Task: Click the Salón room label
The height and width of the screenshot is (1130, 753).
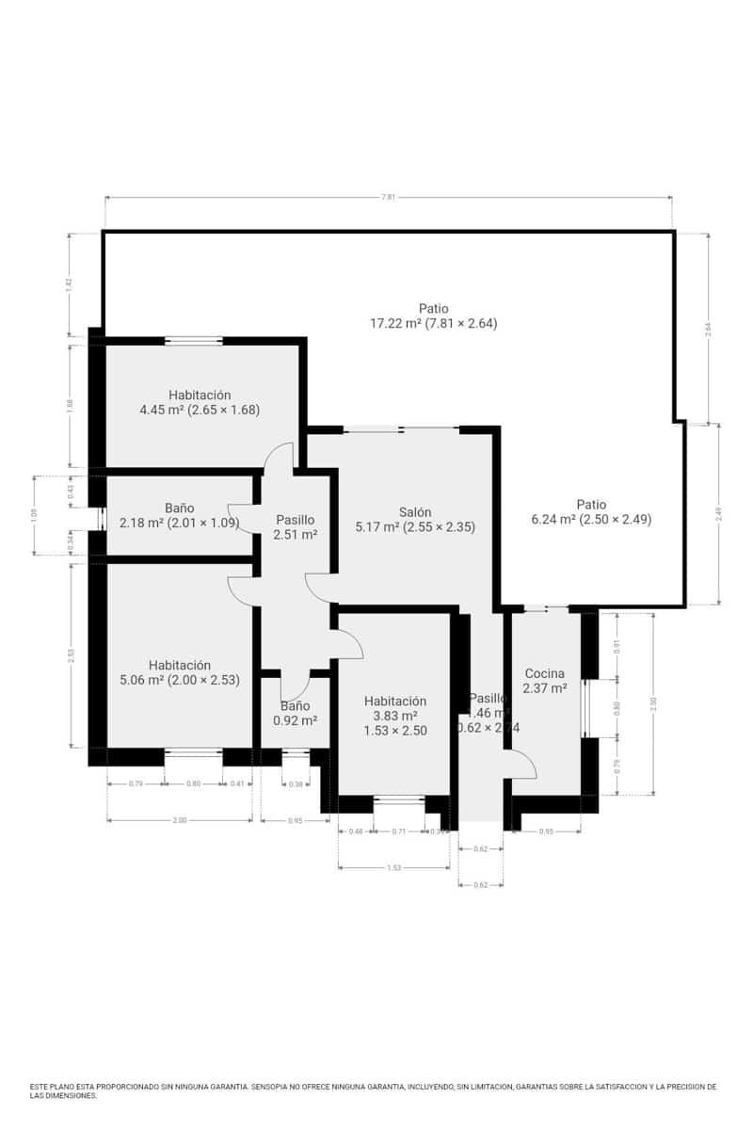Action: point(414,520)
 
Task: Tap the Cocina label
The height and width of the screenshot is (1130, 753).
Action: point(545,681)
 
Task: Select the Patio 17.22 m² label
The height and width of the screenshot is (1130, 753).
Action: point(433,315)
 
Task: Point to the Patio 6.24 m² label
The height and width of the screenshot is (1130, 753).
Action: point(592,511)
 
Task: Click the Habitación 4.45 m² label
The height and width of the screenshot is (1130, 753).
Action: point(200,402)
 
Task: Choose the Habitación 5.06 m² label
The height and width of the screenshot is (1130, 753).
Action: point(180,672)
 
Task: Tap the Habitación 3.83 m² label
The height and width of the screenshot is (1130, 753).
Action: point(394,716)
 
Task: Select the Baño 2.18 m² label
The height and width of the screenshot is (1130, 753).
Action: point(180,515)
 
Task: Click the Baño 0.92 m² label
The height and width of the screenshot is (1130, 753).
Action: point(295,713)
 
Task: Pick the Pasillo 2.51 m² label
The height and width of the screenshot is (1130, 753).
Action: point(295,527)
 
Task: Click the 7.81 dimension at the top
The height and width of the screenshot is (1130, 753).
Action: point(388,198)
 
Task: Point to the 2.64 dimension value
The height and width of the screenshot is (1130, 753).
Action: point(708,328)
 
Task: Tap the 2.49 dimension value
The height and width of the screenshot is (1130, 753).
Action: point(718,513)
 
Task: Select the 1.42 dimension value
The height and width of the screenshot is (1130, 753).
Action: point(69,284)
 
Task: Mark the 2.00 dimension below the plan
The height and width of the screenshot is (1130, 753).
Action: point(180,821)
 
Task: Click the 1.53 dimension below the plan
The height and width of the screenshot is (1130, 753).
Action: point(393,868)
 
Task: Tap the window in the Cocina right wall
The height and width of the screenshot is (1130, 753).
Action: point(585,707)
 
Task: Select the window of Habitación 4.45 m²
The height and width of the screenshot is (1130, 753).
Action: point(194,341)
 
